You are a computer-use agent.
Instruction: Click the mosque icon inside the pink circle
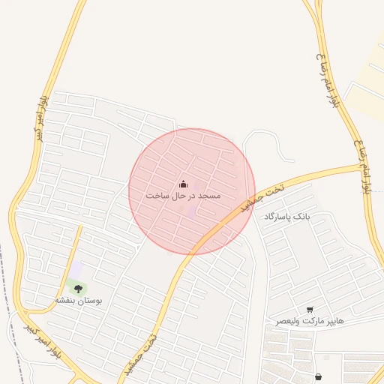[184, 184]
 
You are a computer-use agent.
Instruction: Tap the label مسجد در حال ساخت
[184, 196]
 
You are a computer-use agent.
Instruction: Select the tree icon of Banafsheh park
[78, 288]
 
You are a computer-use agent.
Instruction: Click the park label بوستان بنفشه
[78, 300]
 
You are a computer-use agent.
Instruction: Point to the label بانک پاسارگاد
[286, 217]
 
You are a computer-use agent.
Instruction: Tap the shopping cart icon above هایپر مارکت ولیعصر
[310, 310]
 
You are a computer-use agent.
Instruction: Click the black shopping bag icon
[319, 376]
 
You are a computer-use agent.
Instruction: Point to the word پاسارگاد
[277, 217]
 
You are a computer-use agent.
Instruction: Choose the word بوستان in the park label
[91, 300]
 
